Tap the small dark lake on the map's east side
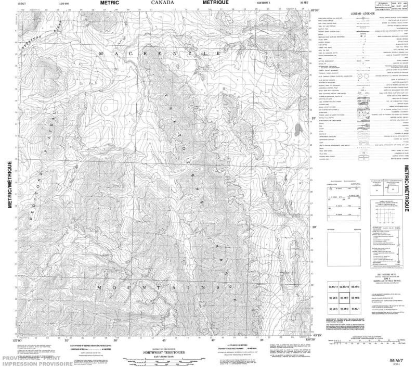[296, 128]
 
